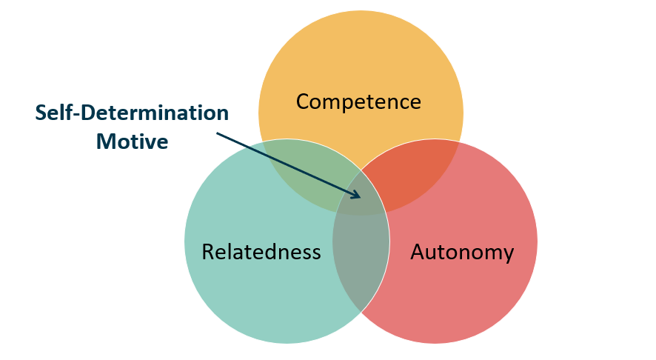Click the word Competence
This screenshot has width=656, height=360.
358,101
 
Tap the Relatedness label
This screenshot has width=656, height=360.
261,252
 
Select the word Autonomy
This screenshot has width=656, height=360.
462,252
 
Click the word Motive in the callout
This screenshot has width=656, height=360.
133,141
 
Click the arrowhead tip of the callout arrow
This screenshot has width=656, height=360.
361,197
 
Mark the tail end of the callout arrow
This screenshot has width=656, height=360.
216,133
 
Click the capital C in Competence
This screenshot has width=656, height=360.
303,101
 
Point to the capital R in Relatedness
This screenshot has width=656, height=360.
208,252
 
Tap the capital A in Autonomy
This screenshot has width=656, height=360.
418,252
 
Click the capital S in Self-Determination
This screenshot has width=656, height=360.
41,113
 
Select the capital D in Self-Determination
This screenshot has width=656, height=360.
88,113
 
